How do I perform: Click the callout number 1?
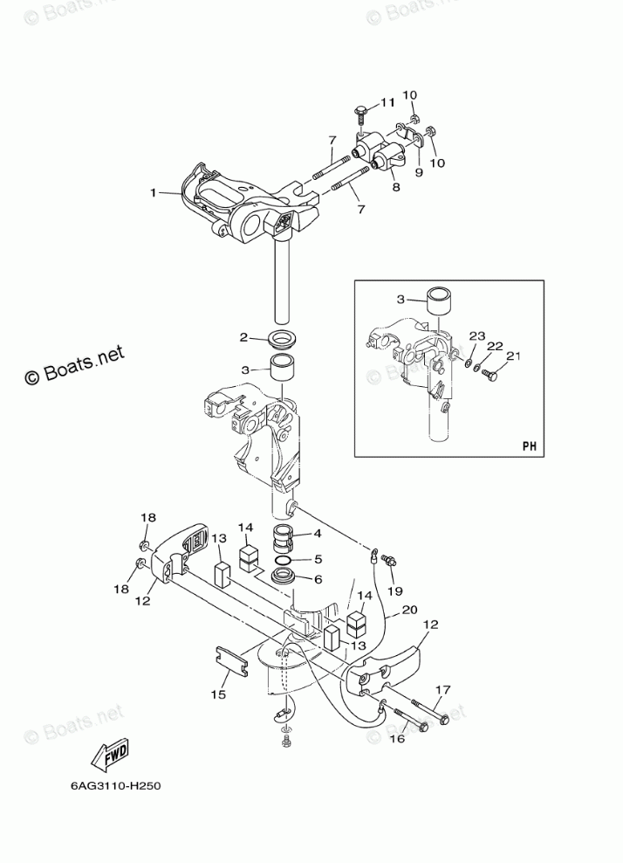click(x=153, y=192)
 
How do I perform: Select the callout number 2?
click(x=246, y=337)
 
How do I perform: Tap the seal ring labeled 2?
click(x=284, y=338)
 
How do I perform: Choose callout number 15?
click(x=217, y=694)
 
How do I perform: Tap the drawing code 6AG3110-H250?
click(x=116, y=785)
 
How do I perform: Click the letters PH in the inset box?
click(x=529, y=445)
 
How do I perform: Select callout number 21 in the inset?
click(x=514, y=356)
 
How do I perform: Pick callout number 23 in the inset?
click(x=476, y=335)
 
